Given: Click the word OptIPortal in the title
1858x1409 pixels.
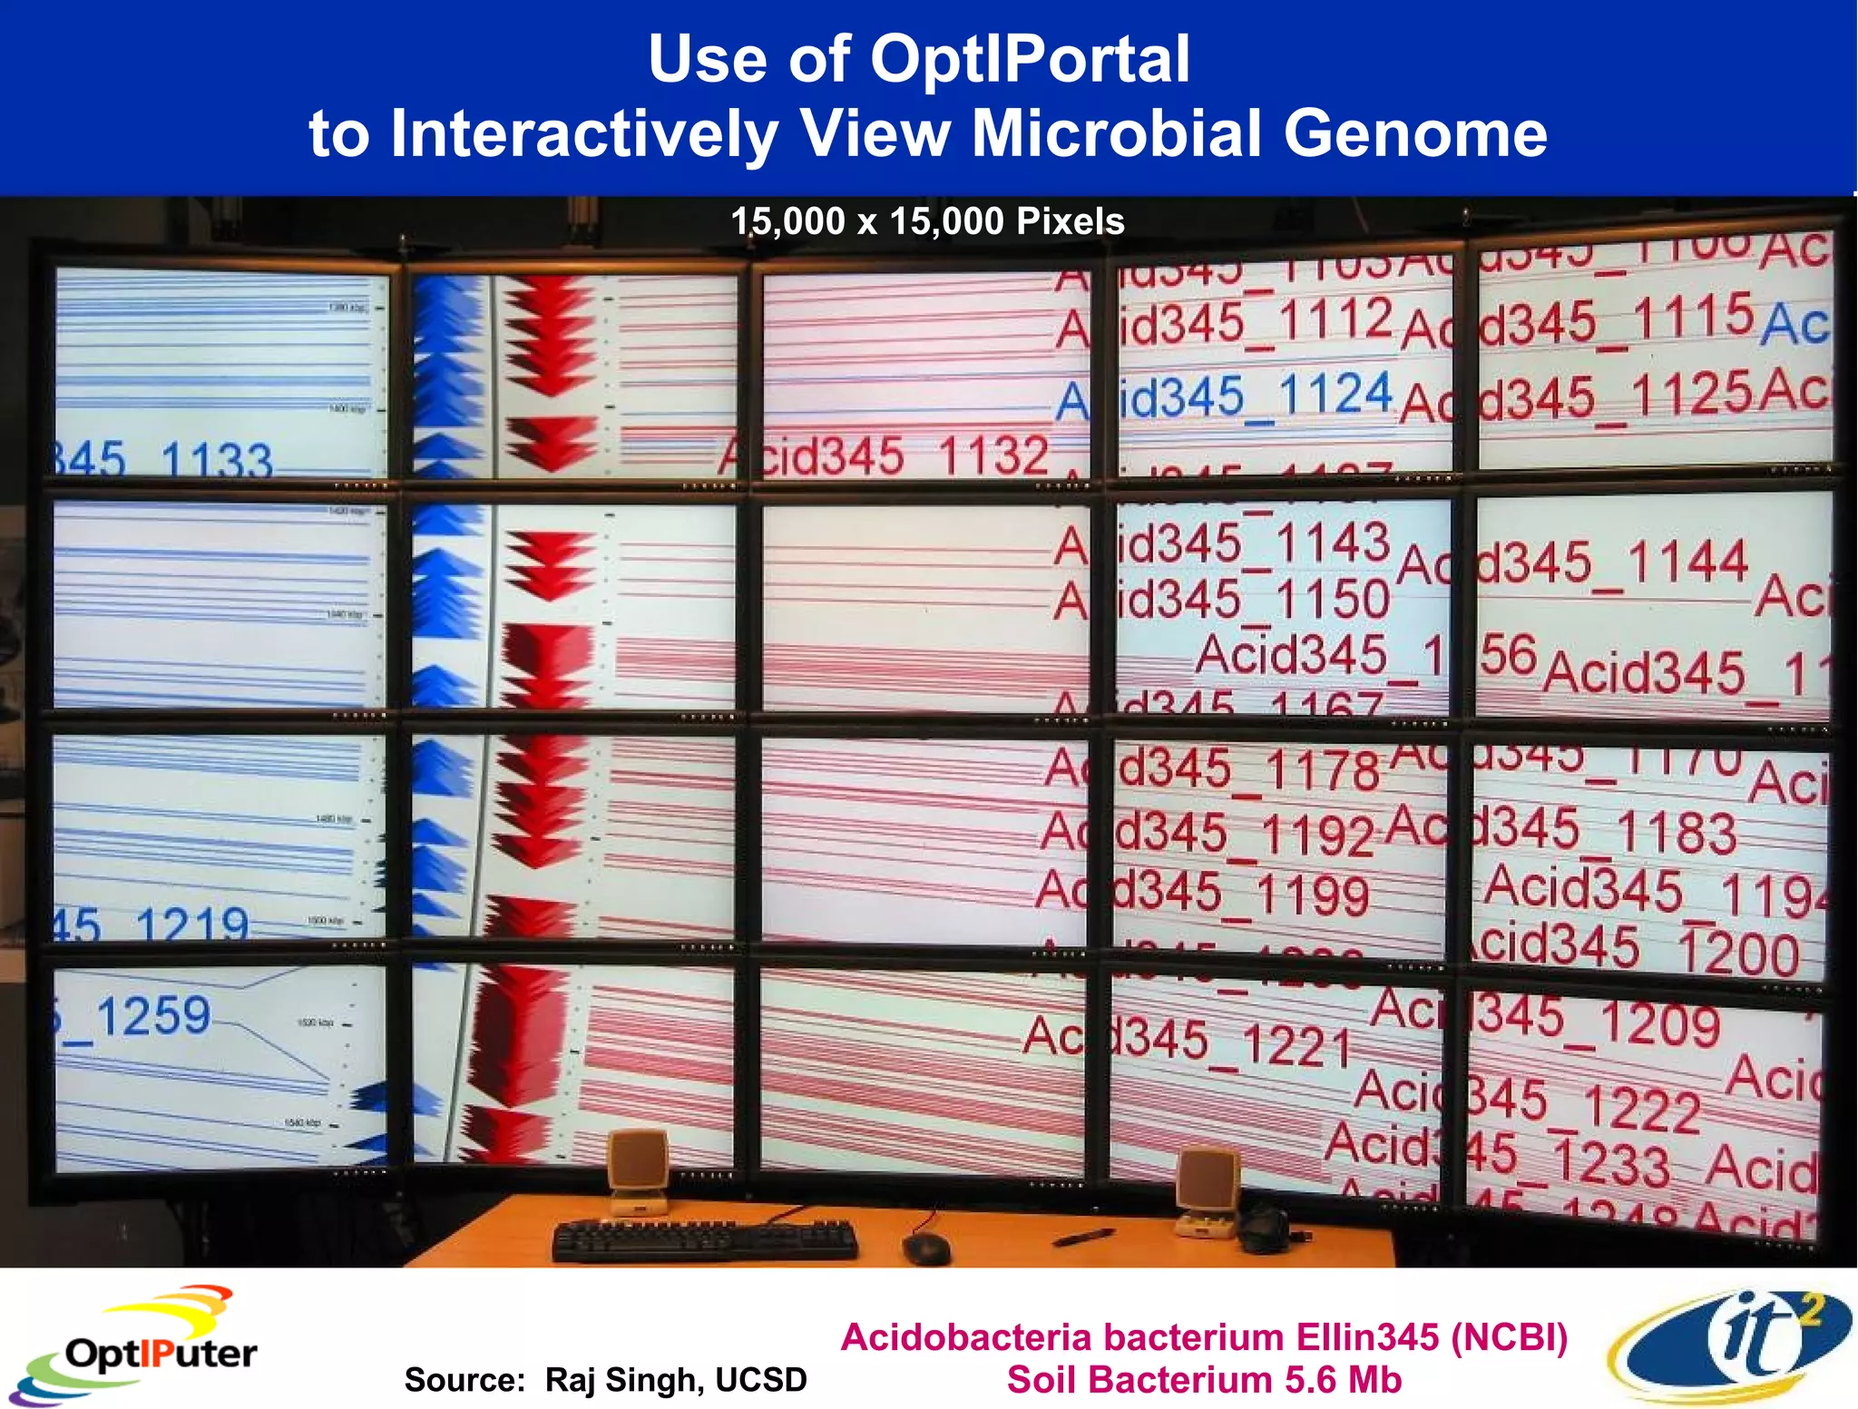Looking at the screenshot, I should coord(1030,60).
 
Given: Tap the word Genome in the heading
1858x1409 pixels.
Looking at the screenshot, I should coord(1414,134).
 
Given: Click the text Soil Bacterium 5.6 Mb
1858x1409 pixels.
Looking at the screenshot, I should coord(1204,1380).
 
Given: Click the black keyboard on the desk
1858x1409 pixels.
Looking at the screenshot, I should coord(705,1240).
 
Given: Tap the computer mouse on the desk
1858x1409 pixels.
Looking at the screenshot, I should coord(926,1249).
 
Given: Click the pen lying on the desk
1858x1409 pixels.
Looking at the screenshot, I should coord(1083,1237).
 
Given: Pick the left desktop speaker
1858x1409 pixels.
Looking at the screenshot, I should coord(639,1170).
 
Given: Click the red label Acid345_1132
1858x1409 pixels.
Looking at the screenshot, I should coord(885,456).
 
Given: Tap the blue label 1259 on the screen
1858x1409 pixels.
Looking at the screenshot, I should coord(152,1016).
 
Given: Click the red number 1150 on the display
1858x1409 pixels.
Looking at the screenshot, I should coord(1331,600).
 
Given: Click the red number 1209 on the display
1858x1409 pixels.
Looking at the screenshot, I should coord(1659,1024).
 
